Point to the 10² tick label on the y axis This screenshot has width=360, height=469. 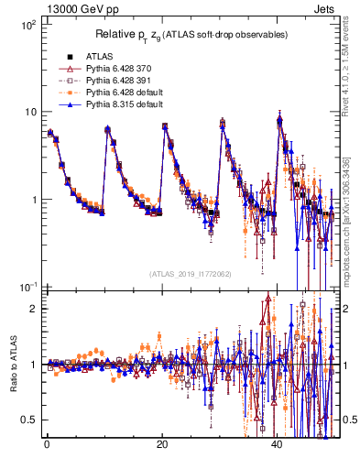27,25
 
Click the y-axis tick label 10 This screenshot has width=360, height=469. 29,113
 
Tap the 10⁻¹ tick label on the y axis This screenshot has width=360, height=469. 27,288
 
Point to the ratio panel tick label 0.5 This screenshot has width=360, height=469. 29,420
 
